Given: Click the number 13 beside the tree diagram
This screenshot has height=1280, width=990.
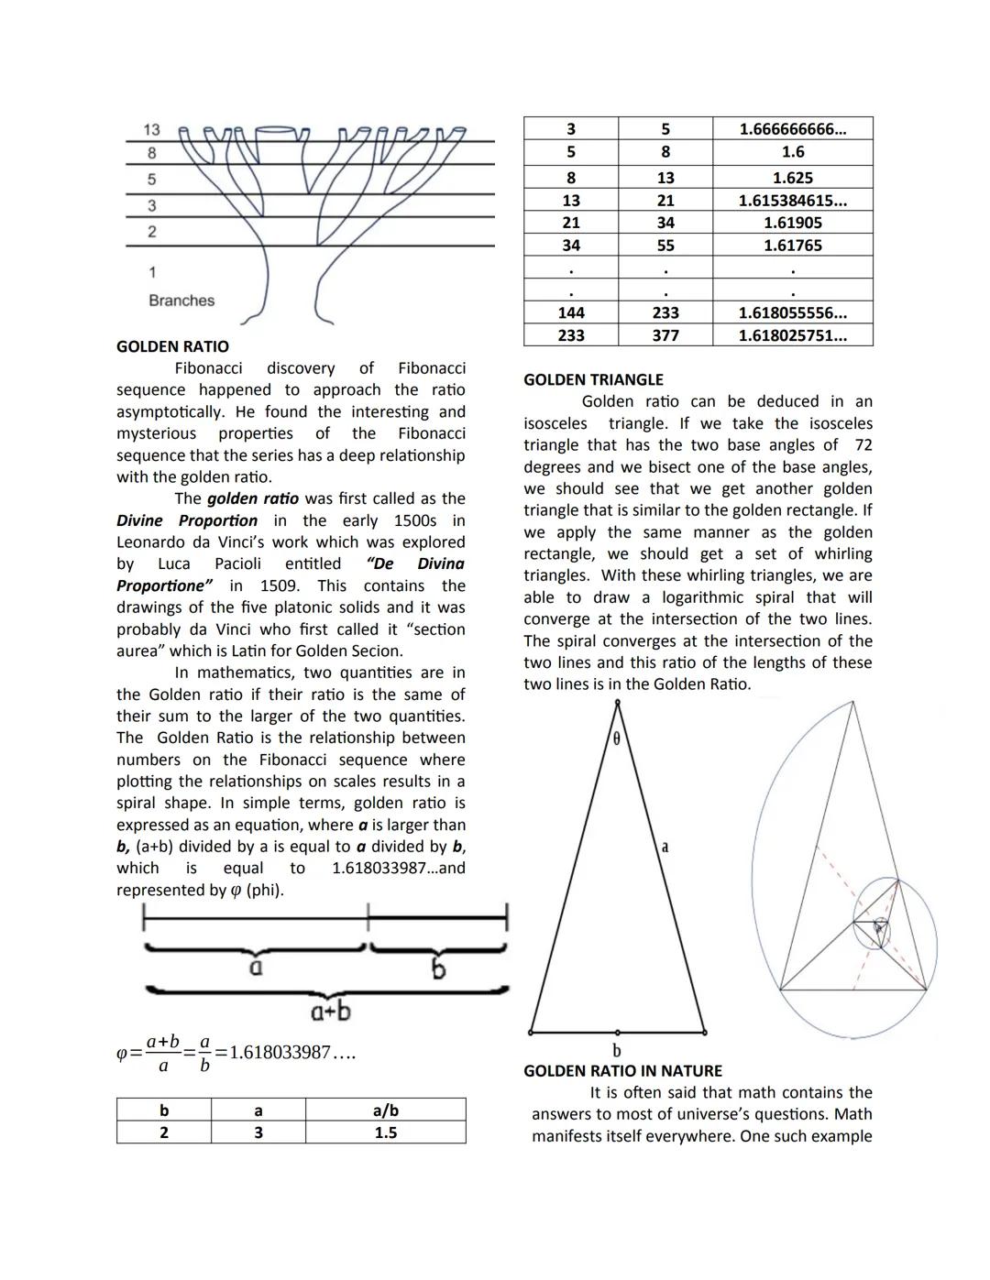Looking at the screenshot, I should click(152, 130).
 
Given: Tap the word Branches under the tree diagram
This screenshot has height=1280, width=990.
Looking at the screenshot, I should click(181, 301).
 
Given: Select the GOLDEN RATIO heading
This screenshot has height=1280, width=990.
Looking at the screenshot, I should click(172, 346).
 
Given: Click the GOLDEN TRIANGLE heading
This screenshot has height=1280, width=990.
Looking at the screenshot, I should click(593, 379).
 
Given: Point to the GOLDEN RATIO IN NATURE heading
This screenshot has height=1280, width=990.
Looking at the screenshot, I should click(622, 1070).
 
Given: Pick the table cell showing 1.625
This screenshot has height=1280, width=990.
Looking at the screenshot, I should click(792, 178).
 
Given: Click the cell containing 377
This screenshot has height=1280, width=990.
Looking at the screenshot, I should click(665, 335).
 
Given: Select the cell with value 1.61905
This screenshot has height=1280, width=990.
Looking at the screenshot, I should click(792, 223).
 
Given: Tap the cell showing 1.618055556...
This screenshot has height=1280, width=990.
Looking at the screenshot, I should click(792, 313).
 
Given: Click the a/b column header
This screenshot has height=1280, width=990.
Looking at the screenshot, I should click(385, 1110).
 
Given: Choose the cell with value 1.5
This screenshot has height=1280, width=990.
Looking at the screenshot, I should click(385, 1133).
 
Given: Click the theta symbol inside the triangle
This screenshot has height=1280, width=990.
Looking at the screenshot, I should click(616, 738).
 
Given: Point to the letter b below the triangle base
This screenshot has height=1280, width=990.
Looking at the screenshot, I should click(616, 1050).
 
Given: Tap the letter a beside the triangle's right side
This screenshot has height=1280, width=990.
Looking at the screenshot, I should click(665, 848).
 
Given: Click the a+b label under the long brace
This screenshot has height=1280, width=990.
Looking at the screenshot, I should click(330, 1012).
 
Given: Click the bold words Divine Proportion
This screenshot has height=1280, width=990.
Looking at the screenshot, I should click(187, 520).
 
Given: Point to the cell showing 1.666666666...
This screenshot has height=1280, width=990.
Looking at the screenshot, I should click(792, 129).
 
